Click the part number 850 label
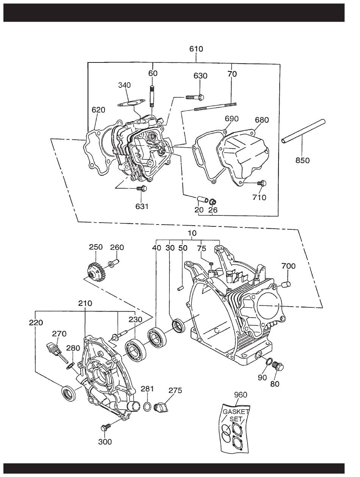point(302,161)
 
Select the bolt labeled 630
point(195,97)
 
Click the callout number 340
point(124,85)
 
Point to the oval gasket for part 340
point(131,103)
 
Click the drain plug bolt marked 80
point(278,366)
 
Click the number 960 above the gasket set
point(240,394)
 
